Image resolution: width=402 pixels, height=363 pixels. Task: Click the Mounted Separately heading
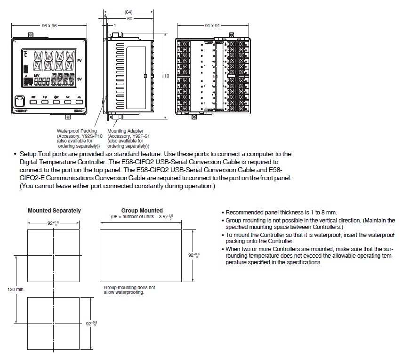[x=54, y=211]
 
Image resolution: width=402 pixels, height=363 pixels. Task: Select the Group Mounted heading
[x=142, y=211]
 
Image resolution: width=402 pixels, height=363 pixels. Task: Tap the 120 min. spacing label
[x=16, y=289]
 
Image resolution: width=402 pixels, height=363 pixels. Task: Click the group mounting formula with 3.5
[x=142, y=217]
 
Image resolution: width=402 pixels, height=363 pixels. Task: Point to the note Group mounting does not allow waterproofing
[x=129, y=290]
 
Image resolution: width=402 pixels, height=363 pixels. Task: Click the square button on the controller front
[x=20, y=101]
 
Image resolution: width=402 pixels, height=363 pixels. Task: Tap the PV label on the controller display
[x=79, y=61]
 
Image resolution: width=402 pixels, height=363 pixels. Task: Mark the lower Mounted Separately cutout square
[x=54, y=324]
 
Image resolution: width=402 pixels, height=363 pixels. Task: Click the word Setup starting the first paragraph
[x=28, y=154]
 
